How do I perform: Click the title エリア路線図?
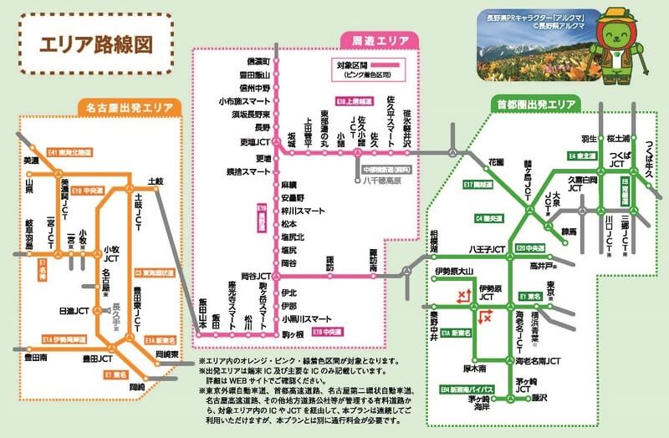[93, 43]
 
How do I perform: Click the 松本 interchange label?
[289, 224]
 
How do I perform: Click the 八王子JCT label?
[488, 249]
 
